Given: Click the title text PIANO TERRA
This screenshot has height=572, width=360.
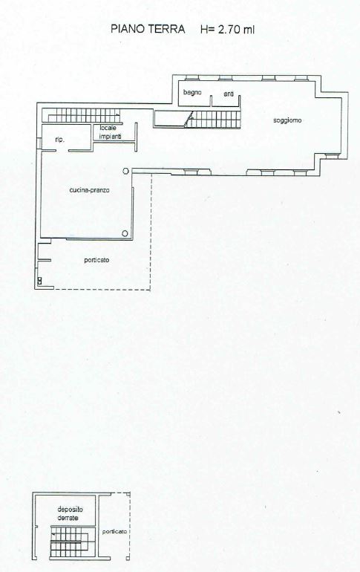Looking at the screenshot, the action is (148, 29).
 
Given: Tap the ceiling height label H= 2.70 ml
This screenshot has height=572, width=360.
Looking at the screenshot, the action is (227, 29).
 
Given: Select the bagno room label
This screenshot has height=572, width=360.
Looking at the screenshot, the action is (192, 93).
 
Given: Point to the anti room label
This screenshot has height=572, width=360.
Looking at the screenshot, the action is (229, 94).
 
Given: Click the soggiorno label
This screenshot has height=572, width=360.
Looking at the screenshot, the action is (287, 120).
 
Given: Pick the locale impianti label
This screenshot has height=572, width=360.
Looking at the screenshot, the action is (111, 132).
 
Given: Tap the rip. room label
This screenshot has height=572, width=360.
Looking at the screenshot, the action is (60, 140).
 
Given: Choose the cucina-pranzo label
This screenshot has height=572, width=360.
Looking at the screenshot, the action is (89, 190).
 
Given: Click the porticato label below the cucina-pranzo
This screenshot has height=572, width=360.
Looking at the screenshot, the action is (96, 260).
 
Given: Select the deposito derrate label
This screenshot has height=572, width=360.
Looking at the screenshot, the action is (70, 513).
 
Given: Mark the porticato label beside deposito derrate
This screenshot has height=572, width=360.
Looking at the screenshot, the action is (114, 531).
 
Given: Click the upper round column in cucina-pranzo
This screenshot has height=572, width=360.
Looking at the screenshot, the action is (125, 170).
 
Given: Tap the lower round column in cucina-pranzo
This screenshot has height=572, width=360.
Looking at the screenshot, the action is (125, 233).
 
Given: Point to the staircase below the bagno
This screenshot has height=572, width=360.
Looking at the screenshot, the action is (214, 120).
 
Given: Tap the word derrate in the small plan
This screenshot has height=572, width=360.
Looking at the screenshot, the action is (68, 518).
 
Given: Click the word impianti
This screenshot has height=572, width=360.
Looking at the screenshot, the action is (111, 137).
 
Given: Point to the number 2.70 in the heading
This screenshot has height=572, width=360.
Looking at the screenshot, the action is (229, 29).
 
